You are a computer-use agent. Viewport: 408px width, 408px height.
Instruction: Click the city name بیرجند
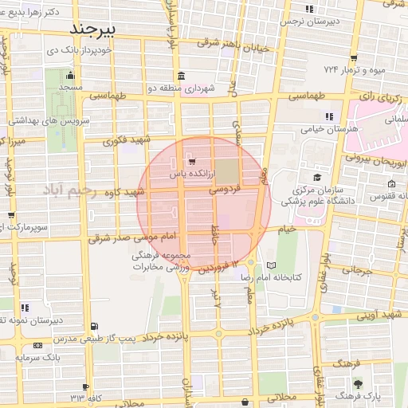pos(93,29)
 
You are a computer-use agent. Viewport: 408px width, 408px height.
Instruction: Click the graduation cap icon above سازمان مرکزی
pos(318,177)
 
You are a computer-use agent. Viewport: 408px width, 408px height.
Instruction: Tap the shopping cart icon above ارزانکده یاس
pos(189,159)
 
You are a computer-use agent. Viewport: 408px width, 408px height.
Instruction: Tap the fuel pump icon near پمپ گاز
pos(96,325)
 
